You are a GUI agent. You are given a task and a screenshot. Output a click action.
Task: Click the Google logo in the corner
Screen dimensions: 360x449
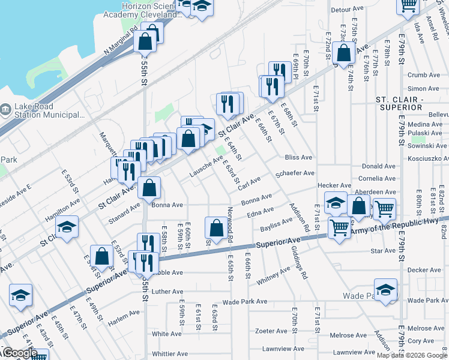pos(19,353)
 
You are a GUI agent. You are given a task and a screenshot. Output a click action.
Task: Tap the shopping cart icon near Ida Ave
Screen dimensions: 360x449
pos(408,5)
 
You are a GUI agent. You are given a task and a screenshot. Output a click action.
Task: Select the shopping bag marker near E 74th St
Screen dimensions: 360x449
pos(344,52)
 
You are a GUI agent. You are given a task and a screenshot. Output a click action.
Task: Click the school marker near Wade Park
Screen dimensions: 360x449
pos(385,289)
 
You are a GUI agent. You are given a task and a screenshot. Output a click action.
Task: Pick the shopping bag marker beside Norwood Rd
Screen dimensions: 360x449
pos(215,227)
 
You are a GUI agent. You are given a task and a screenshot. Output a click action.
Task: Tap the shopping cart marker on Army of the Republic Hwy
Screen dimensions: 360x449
pos(339,228)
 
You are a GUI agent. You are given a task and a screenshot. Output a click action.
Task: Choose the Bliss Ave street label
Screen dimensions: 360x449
pos(299,157)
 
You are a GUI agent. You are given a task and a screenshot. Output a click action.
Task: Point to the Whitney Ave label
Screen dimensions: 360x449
pos(273,276)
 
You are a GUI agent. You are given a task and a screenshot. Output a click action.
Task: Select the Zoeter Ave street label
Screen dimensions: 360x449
pos(271,331)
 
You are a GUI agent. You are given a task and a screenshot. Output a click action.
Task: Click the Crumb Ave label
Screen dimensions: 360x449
pos(424,75)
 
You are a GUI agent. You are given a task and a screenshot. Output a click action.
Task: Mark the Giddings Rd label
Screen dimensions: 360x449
pos(298,263)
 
